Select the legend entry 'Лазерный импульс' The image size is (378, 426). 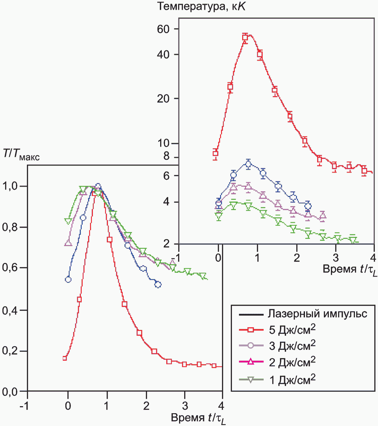point(317,314)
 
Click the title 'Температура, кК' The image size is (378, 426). point(201,6)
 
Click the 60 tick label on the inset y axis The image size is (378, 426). point(163,29)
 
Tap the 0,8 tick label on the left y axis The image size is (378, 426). point(10,227)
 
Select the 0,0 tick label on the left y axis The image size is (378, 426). point(10,391)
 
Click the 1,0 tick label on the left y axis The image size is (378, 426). point(10,186)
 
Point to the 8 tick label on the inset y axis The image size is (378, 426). point(166,156)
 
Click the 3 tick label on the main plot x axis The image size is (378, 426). point(185,406)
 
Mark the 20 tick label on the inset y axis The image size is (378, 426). point(163,99)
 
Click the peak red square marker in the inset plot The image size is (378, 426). point(245,37)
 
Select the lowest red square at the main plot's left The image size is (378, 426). point(65,358)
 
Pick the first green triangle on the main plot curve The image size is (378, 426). point(68,221)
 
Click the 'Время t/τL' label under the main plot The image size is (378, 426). point(198,418)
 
